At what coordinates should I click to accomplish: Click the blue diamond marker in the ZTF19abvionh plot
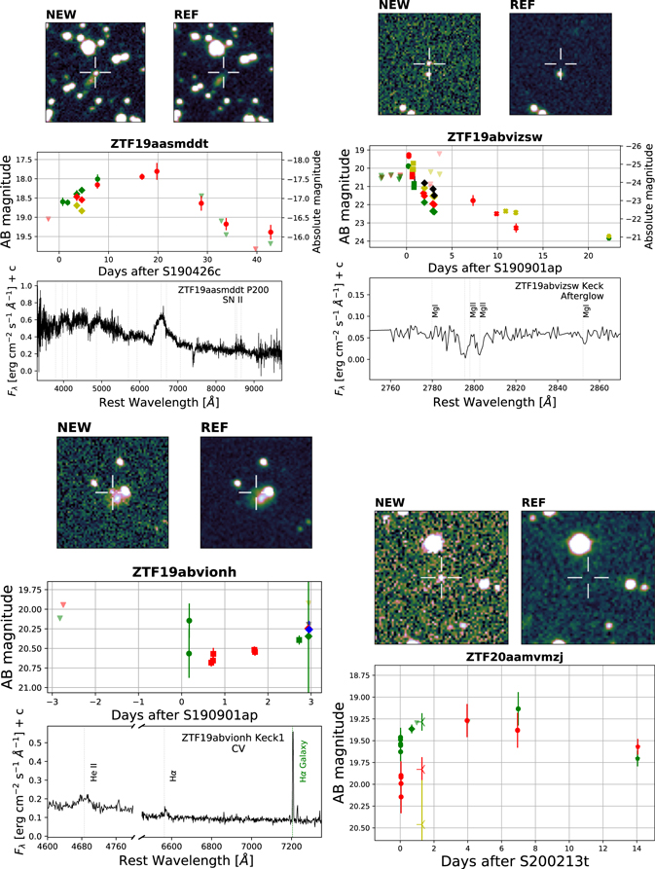pos(309,630)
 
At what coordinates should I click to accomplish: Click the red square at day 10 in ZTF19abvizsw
pos(496,213)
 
